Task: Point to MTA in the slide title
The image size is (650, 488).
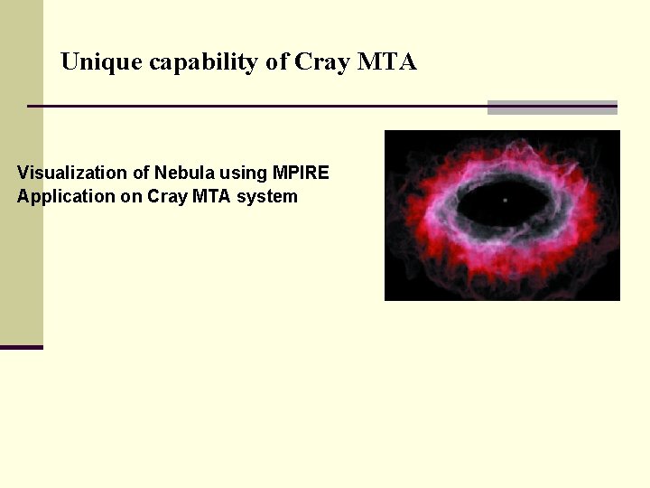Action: pos(387,62)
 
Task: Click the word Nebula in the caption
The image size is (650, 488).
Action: pos(184,173)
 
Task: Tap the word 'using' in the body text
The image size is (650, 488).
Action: pos(241,174)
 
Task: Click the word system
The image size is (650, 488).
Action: pos(267,197)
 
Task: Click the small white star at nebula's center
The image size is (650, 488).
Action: pos(505,200)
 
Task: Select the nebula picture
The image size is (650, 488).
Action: pos(502,215)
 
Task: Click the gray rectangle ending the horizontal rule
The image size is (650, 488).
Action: pos(552,108)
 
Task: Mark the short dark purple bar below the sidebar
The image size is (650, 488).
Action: pos(21,347)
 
